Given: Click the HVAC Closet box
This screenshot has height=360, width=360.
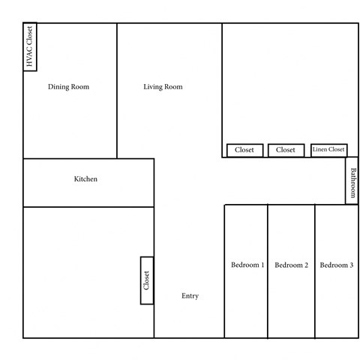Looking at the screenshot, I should point(31,47).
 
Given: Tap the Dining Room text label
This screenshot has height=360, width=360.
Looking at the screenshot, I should point(69,87).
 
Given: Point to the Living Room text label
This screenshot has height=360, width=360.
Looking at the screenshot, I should point(163,87).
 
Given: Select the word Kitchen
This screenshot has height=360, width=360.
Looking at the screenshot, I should point(85,179).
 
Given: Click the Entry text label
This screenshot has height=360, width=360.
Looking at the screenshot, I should point(190,295).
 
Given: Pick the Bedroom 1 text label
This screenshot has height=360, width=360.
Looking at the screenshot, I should point(247,265).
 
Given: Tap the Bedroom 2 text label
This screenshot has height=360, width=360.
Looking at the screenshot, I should point(292,265).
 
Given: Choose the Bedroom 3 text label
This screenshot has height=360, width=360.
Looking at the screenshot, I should point(337,265).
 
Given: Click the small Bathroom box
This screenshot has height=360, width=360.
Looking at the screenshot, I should point(351,184).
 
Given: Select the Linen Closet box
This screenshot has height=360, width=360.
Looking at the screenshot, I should point(328,150).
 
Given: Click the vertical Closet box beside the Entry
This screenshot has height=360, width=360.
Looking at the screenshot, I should point(146,280).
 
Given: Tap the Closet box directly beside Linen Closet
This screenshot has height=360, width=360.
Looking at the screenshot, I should point(286,150).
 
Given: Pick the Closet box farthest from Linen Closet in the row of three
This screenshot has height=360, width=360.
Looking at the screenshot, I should point(244,150).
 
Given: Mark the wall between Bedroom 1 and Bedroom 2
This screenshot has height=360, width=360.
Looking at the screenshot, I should point(268,270).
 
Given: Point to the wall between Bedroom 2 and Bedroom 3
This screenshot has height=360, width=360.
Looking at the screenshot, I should point(314,270).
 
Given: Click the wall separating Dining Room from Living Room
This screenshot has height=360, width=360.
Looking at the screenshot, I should point(117,90).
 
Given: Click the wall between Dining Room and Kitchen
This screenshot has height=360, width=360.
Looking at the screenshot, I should point(70,158).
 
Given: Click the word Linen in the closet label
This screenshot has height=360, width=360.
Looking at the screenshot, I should point(319,150).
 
